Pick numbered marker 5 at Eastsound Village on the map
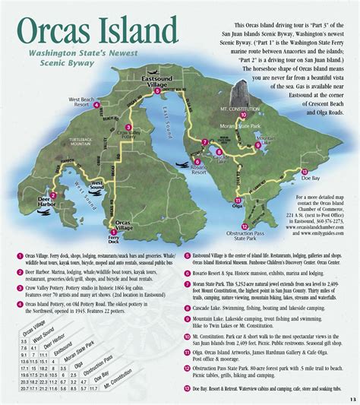click(157, 90)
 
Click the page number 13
click(352, 400)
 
